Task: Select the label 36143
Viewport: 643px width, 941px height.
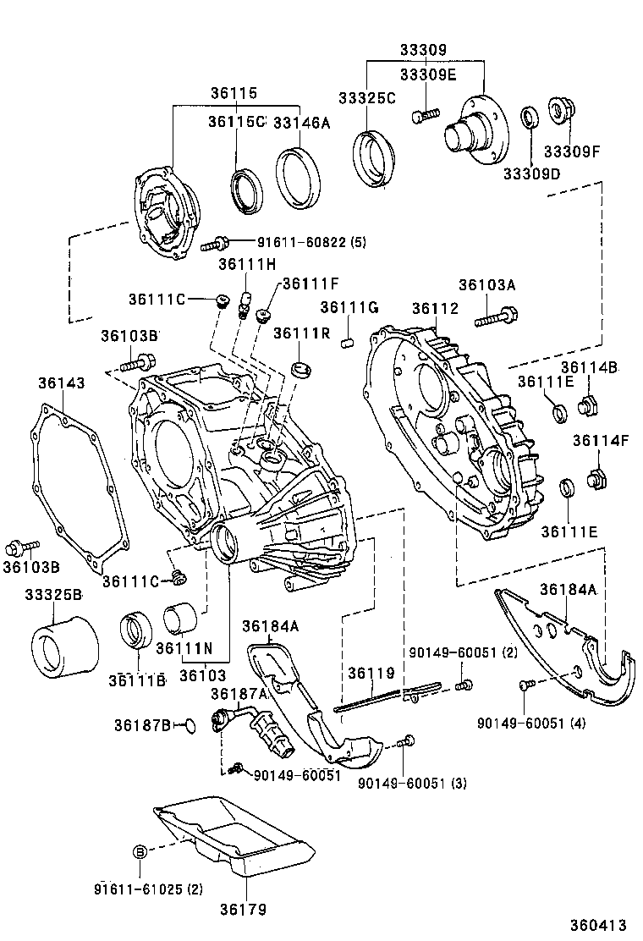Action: tap(61, 383)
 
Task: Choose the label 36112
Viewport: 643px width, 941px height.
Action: tap(435, 309)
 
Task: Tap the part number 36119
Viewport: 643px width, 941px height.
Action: tap(371, 674)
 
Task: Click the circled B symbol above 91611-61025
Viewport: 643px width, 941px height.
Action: tap(140, 851)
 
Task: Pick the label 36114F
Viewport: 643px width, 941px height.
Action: tap(594, 440)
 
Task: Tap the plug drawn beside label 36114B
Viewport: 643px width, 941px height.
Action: tap(589, 406)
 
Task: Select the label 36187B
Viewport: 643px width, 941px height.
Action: tap(144, 724)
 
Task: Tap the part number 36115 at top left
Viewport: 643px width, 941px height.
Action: tap(233, 93)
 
